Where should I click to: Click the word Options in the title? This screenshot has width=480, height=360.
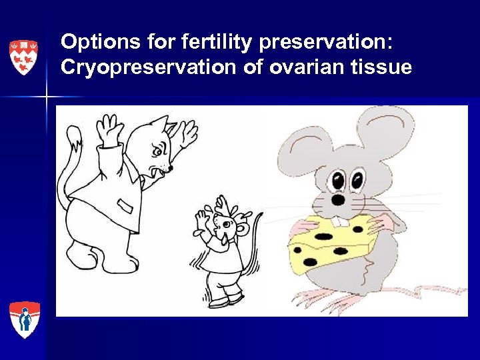91,42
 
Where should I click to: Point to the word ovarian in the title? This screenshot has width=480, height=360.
295,67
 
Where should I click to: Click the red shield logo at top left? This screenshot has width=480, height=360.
23,57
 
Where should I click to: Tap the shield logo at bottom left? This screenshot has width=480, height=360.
25,320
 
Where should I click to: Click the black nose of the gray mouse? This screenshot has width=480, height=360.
339,199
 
